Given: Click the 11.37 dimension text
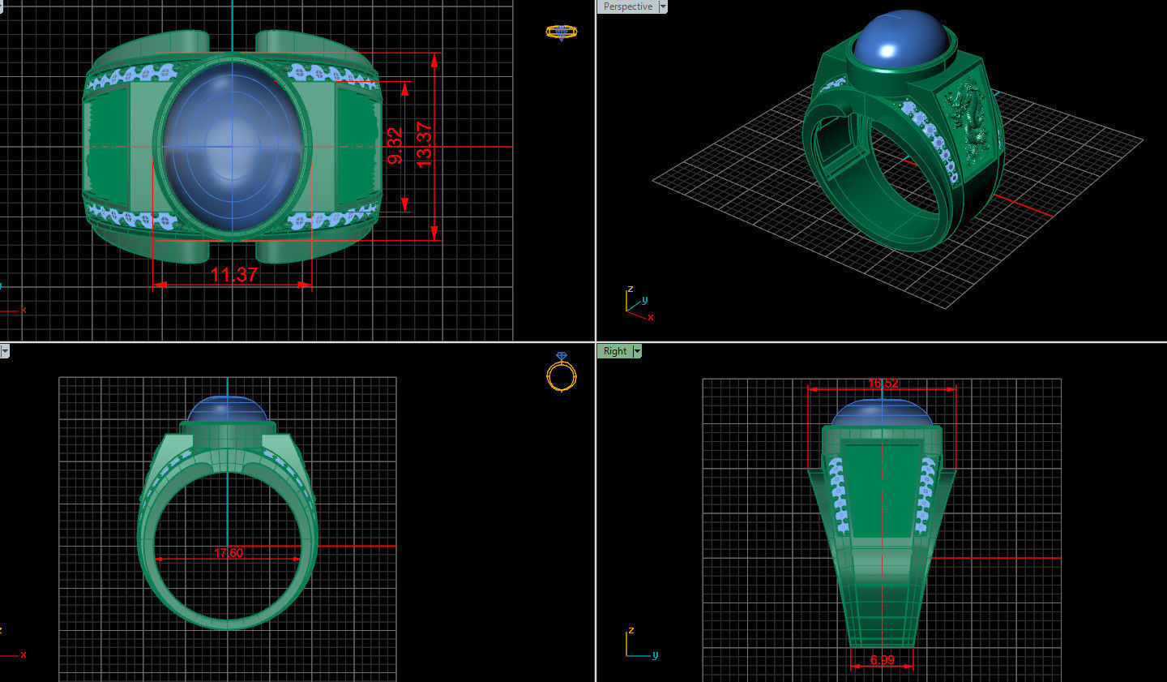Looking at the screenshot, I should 233,275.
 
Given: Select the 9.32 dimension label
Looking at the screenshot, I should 395,146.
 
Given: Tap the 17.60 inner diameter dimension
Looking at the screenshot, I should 229,553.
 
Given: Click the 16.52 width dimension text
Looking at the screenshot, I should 883,384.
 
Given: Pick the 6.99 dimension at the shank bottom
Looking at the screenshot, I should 882,660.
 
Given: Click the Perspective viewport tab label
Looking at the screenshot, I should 627,6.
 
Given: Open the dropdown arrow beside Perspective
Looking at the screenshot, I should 663,6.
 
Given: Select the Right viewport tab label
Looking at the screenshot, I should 614,351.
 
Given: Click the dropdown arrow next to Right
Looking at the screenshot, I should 637,351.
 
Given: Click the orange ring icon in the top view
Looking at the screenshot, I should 561,32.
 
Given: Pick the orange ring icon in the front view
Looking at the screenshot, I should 561,374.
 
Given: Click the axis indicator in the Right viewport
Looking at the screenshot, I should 639,645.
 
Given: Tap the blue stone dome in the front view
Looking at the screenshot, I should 228,409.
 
